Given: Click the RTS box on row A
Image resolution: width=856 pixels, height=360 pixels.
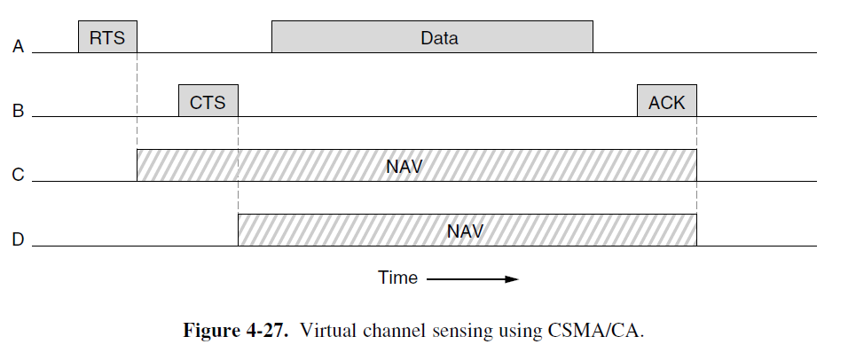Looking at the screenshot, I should point(107,37).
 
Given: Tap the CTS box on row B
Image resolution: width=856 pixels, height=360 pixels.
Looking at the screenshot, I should point(208,101).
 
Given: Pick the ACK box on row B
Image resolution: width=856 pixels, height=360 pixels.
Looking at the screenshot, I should point(666,101).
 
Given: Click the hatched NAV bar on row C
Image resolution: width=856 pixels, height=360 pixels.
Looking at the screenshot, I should point(266,166).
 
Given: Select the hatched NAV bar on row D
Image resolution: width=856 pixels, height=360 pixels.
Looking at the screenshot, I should point(355,230).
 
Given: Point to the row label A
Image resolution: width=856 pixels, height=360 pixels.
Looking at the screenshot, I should point(18,47).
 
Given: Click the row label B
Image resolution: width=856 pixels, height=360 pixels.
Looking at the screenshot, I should point(18,112).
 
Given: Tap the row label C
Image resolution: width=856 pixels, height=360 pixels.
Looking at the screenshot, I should point(18,176).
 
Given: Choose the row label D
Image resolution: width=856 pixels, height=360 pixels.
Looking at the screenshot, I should point(18,240).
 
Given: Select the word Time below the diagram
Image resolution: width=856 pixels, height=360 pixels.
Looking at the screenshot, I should point(397,278).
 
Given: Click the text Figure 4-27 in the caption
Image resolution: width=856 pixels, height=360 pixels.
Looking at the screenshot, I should point(235,332).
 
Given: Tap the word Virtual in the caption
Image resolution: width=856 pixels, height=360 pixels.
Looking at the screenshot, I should point(327,332).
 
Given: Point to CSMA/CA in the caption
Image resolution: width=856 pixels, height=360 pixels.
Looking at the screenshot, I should point(597,332).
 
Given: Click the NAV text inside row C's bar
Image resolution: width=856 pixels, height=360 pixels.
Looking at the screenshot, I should point(404,166).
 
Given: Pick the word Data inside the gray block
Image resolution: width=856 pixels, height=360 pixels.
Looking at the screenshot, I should point(439,38).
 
